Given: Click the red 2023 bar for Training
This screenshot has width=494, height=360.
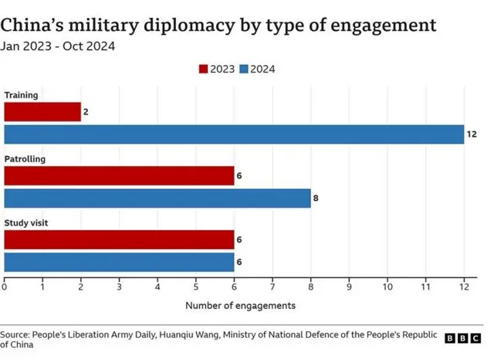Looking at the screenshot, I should pyautogui.click(x=42, y=112).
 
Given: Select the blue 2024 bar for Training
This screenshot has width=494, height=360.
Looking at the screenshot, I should pyautogui.click(x=234, y=134).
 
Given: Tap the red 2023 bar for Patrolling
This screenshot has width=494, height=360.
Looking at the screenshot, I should pyautogui.click(x=119, y=175).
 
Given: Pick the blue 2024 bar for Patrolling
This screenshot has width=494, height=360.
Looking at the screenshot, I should pyautogui.click(x=157, y=199).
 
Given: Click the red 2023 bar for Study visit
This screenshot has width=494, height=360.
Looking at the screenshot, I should pyautogui.click(x=119, y=239).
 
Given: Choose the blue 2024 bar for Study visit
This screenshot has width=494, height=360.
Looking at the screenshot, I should pyautogui.click(x=119, y=262).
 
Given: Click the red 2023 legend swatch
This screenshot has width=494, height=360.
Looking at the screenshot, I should pyautogui.click(x=204, y=69).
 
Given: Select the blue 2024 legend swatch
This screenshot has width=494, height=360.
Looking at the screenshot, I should pyautogui.click(x=243, y=69).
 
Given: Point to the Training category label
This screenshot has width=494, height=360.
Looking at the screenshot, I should pyautogui.click(x=21, y=95).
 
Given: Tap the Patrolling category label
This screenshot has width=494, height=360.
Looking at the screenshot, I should pyautogui.click(x=25, y=159).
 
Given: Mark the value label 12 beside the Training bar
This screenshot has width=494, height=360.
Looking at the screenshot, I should pyautogui.click(x=472, y=134).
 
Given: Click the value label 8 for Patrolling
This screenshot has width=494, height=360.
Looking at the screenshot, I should pyautogui.click(x=316, y=199).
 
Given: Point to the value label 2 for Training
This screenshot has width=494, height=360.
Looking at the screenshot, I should pyautogui.click(x=86, y=112).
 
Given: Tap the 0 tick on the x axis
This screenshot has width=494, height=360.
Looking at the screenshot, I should pyautogui.click(x=5, y=287).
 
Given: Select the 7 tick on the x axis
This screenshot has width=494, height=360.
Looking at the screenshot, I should pyautogui.click(x=272, y=287).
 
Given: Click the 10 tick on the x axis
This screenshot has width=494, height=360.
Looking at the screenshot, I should pyautogui.click(x=387, y=287).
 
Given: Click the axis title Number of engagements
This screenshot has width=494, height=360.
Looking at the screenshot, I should pyautogui.click(x=240, y=305).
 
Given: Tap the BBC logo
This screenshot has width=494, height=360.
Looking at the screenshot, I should pyautogui.click(x=462, y=338).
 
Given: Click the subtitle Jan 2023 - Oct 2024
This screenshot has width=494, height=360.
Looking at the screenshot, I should pyautogui.click(x=58, y=46).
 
